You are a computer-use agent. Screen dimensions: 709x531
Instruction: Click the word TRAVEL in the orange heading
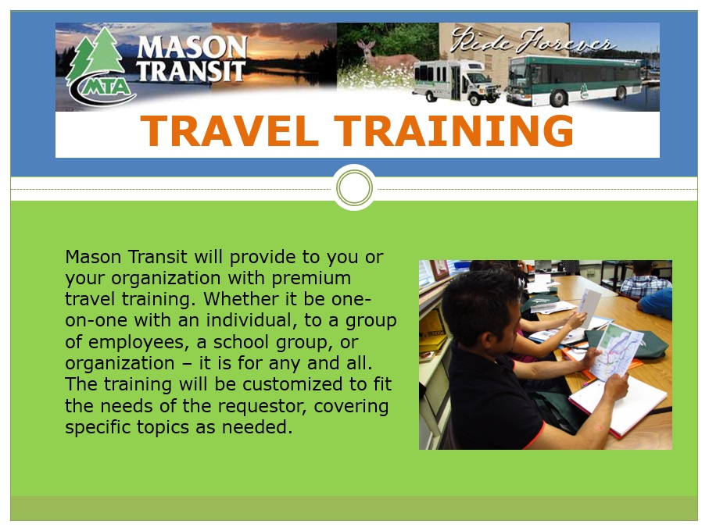(x=229, y=131)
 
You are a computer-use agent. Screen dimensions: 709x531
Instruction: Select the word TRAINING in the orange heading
(x=453, y=131)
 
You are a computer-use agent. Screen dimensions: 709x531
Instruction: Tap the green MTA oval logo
(x=104, y=86)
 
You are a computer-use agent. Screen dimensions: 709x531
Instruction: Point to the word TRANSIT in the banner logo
(x=191, y=71)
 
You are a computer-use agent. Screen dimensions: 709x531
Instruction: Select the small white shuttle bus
(x=457, y=81)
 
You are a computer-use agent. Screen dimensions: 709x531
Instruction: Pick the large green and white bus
(x=575, y=80)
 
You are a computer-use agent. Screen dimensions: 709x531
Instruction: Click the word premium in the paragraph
(x=311, y=279)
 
